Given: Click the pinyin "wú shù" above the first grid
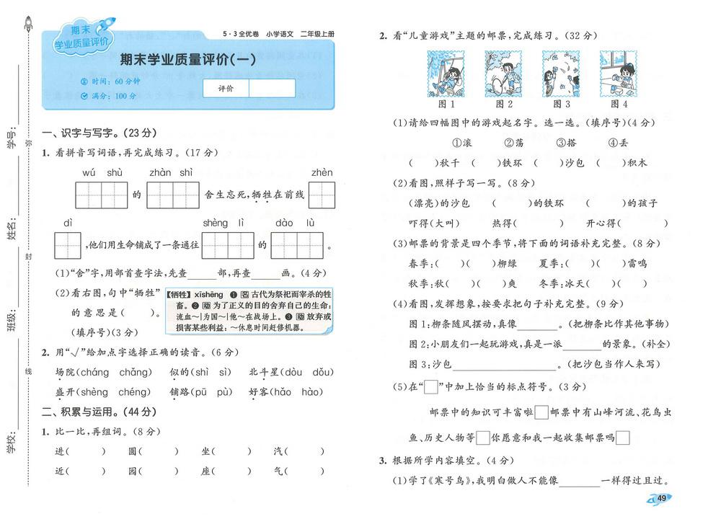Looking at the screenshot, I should (x=102, y=172).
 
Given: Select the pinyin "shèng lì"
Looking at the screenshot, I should (x=224, y=223).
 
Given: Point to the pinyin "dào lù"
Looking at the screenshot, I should (x=294, y=223).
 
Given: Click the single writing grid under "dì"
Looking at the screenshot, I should (x=68, y=245).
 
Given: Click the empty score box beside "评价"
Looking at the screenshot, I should (x=271, y=88).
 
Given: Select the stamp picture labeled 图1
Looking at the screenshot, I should (x=447, y=74).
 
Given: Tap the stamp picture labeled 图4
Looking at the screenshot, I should (x=619, y=74).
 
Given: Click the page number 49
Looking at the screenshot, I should (x=664, y=497).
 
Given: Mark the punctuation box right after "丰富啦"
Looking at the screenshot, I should (x=541, y=412).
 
